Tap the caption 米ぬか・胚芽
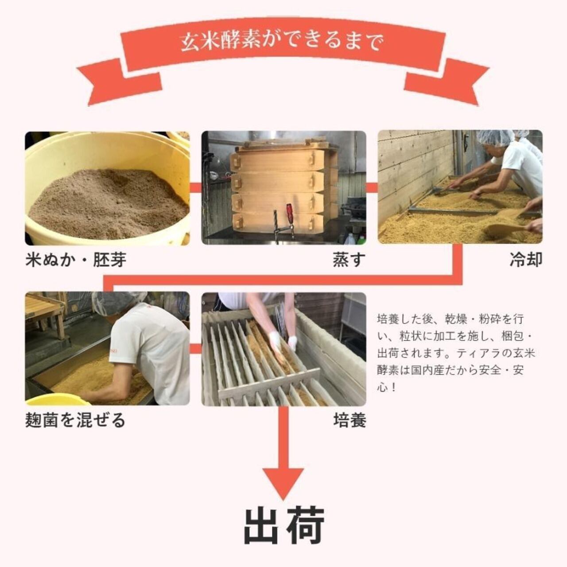pyautogui.click(x=76, y=260)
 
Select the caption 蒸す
pyautogui.click(x=349, y=260)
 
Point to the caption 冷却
pyautogui.click(x=526, y=260)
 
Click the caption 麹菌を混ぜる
pyautogui.click(x=76, y=420)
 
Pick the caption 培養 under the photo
pyautogui.click(x=350, y=420)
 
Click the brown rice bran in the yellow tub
pyautogui.click(x=109, y=203)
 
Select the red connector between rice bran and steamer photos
pyautogui.click(x=195, y=186)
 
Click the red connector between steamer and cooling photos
pyautogui.click(x=372, y=186)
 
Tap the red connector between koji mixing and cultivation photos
pyautogui.click(x=195, y=349)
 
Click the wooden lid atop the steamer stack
pyautogui.click(x=284, y=144)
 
